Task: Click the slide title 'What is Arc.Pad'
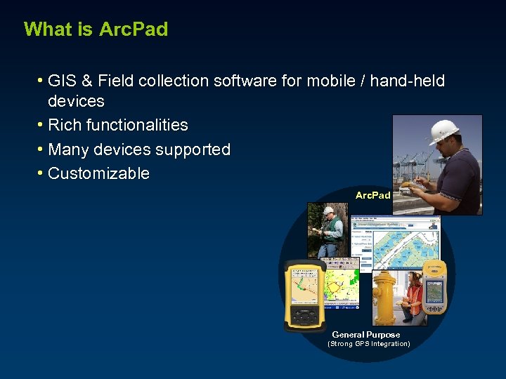(x=96, y=29)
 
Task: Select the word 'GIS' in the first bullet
(x=62, y=81)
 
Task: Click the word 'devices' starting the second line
(x=76, y=101)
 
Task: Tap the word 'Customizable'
(x=98, y=174)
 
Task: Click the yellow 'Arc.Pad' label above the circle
(x=372, y=195)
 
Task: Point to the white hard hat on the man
(x=443, y=131)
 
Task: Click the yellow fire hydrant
(x=384, y=298)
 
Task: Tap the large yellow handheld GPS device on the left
(x=304, y=295)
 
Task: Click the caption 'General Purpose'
(x=365, y=335)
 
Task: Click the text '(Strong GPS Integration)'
(x=368, y=344)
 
